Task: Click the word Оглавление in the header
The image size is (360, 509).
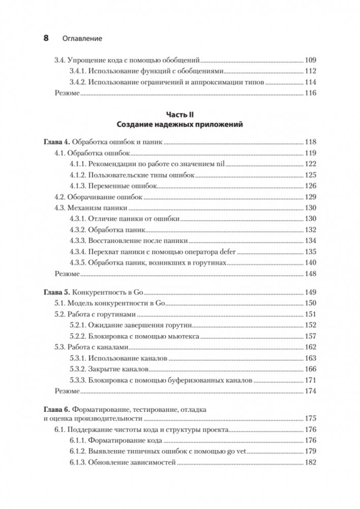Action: tap(81, 38)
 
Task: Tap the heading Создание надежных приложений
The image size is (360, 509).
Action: tap(180, 124)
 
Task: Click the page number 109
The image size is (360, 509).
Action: tap(310, 60)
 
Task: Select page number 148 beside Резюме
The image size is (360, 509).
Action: tap(310, 274)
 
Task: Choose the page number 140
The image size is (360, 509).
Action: tap(310, 263)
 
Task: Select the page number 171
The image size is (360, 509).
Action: tap(310, 380)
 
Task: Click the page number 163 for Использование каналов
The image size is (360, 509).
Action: tap(310, 358)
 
